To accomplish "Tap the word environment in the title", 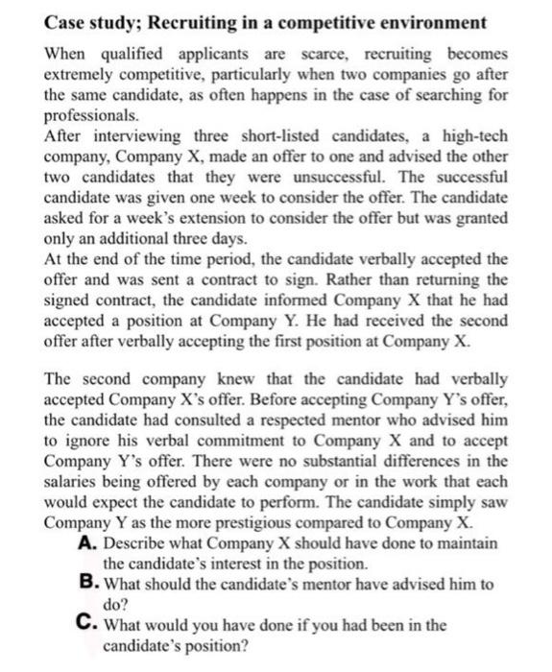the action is tap(430, 21).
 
